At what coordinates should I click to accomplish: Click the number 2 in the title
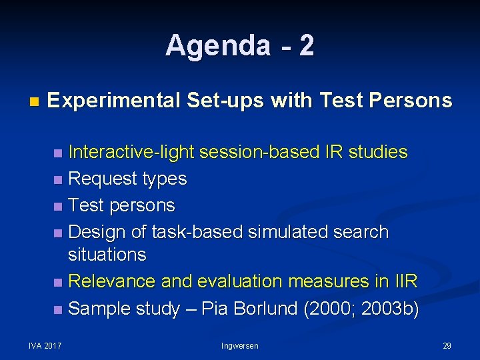coord(306,46)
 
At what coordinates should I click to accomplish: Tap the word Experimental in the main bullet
coord(113,101)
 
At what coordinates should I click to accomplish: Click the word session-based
coord(255,152)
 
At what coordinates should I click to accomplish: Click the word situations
coord(107,254)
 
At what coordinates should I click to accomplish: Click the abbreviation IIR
coord(404,281)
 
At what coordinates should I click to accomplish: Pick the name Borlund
coord(265,309)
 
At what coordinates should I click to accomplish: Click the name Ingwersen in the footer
coord(240,345)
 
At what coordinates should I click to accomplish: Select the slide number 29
coord(447,345)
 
